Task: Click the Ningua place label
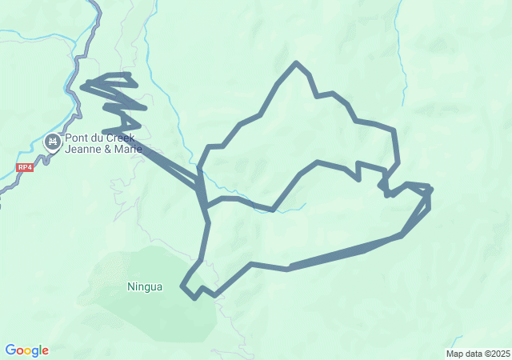pyautogui.click(x=144, y=286)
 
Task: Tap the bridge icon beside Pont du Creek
pyautogui.click(x=54, y=143)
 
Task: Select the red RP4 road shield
pyautogui.click(x=25, y=167)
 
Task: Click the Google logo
pyautogui.click(x=26, y=350)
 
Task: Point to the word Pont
pyautogui.click(x=77, y=138)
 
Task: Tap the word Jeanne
pyautogui.click(x=83, y=149)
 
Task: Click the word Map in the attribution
pyautogui.click(x=454, y=354)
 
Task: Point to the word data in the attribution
pyautogui.click(x=473, y=354)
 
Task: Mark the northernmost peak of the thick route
pyautogui.click(x=297, y=62)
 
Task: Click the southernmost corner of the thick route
pyautogui.click(x=195, y=298)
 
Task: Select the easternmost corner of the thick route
pyautogui.click(x=430, y=190)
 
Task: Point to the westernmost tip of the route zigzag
pyautogui.click(x=82, y=86)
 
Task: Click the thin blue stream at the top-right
pyautogui.click(x=398, y=48)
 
